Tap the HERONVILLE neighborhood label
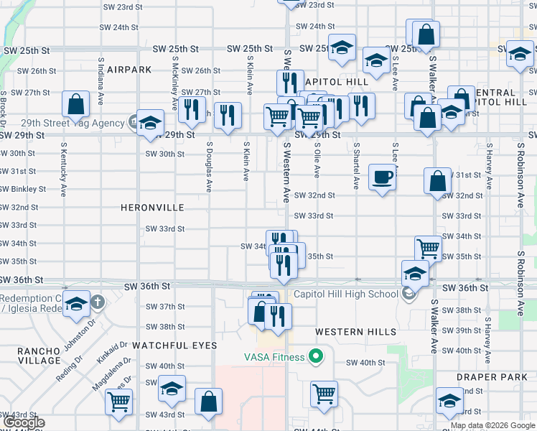tap(153, 208)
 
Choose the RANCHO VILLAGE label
tap(24, 357)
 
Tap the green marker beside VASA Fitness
tap(314, 356)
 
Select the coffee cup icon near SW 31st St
tap(382, 177)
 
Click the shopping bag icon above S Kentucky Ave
tap(75, 105)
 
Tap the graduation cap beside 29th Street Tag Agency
tap(150, 121)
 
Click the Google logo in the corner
tap(24, 422)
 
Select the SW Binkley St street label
tap(23, 190)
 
